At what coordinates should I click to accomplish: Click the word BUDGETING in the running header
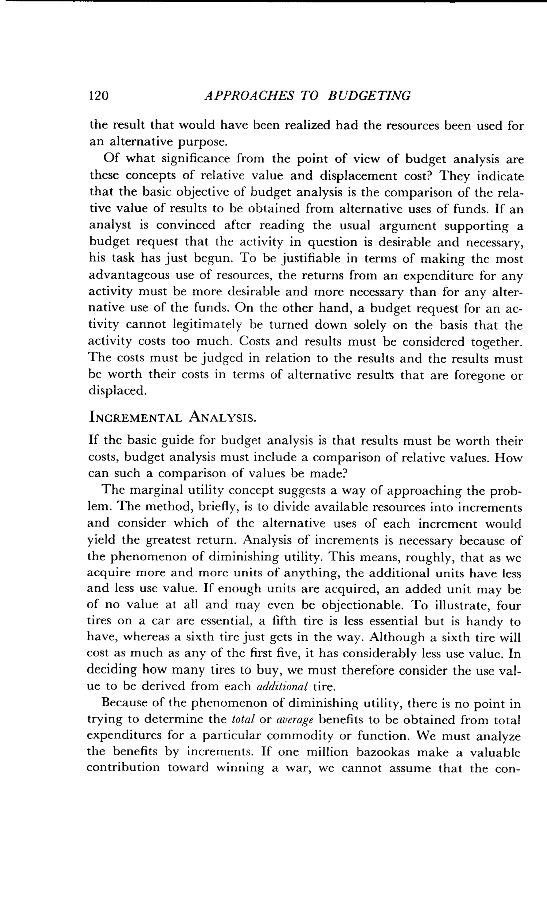tap(369, 96)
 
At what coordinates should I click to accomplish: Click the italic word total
tap(243, 719)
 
